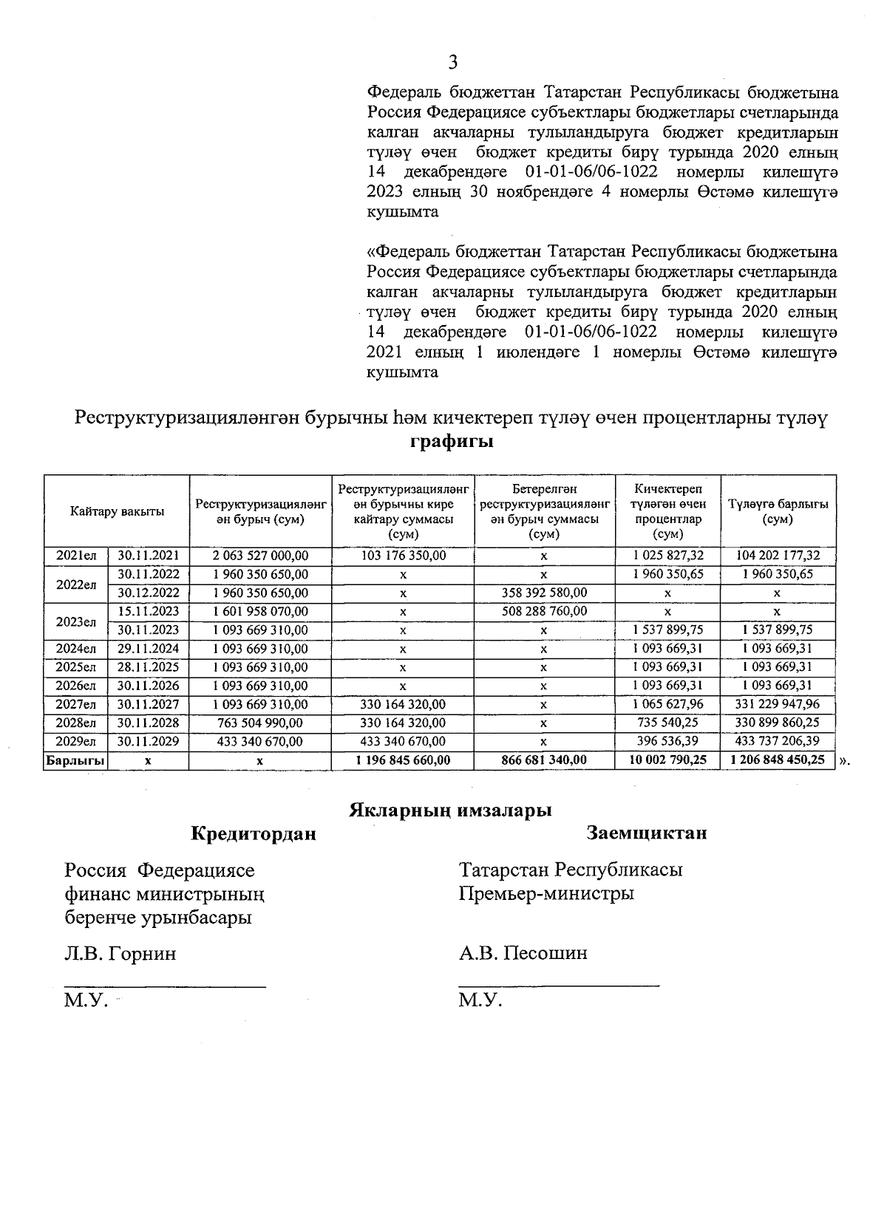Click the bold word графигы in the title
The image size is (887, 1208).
point(452,443)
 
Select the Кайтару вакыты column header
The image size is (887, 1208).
point(117,511)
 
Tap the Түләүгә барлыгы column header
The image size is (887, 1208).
point(778,511)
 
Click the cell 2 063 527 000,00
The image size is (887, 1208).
point(260,556)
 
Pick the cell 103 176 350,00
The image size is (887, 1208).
point(403,556)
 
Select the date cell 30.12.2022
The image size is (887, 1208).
point(149,593)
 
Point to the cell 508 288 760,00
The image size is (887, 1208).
point(544,612)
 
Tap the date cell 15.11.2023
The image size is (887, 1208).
point(149,612)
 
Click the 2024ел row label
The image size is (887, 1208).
point(76,649)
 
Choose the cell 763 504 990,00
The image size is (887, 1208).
point(260,723)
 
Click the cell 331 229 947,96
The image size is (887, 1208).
point(778,704)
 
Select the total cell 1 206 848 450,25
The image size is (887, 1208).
point(778,760)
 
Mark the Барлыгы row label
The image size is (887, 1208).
point(75,760)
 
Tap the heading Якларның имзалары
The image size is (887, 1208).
point(451,811)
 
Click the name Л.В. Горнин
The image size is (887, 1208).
point(120,953)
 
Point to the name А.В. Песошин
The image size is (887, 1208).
point(523,953)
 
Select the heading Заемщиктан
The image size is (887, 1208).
point(646,833)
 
